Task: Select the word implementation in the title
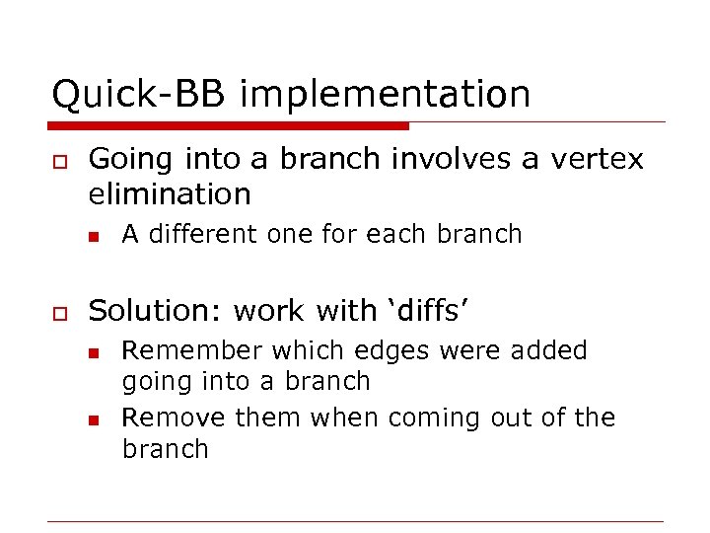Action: click(385, 95)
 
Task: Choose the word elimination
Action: click(170, 193)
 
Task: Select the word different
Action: click(205, 234)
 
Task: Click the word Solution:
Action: click(156, 310)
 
